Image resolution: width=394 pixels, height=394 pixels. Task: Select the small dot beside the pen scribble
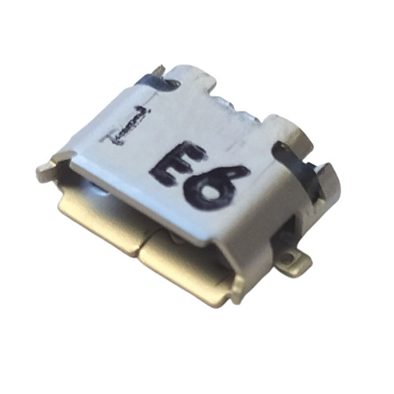point(150,110)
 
